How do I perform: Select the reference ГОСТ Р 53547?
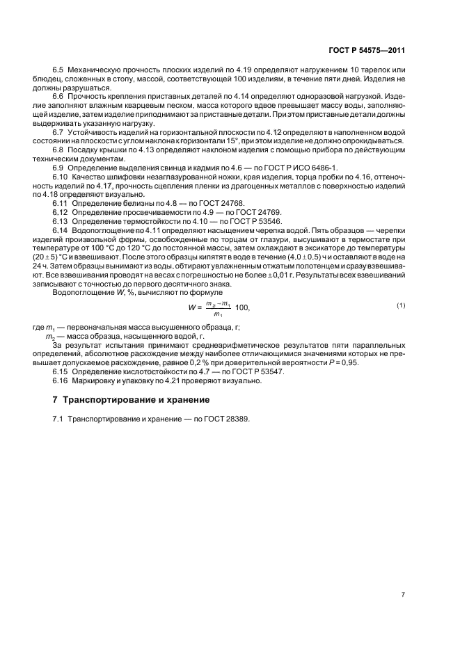coord(246,372)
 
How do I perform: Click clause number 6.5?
coord(58,71)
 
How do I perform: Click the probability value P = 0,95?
coord(342,363)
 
